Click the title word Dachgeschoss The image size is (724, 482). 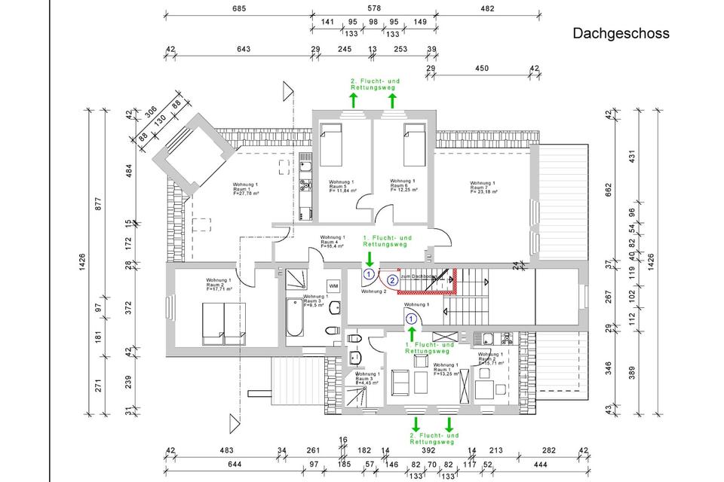click(621, 33)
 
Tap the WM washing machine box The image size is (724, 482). click(333, 286)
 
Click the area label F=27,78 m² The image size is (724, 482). click(246, 194)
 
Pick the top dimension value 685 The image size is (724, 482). click(239, 9)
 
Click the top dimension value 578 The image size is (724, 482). click(375, 9)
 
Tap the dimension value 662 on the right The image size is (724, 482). click(608, 188)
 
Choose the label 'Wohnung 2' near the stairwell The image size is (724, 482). click(373, 291)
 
